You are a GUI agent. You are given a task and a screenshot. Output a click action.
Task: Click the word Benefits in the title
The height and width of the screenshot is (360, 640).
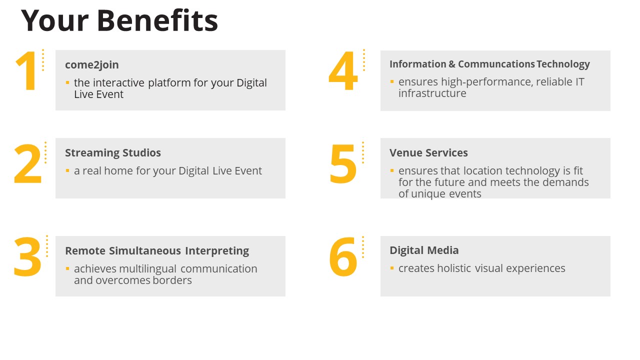tap(157, 20)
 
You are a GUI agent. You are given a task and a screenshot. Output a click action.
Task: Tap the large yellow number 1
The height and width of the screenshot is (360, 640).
tap(27, 71)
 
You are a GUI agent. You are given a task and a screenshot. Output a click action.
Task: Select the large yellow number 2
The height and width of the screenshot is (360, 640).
tap(27, 163)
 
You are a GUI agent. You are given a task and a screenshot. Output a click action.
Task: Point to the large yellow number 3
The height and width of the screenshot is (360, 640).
tap(27, 257)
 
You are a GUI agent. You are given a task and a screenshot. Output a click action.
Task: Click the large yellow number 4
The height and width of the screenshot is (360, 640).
tap(343, 71)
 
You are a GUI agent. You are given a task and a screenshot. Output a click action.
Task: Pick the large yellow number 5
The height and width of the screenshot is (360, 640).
tap(343, 163)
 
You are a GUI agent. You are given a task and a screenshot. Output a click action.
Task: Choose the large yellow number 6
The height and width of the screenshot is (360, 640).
tap(343, 257)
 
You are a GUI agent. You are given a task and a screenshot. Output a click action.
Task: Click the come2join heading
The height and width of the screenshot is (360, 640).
tap(91, 65)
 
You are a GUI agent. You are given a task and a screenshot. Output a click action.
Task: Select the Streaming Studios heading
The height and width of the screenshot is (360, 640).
tap(113, 153)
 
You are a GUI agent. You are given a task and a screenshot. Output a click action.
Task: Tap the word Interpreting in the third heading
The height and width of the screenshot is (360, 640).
tap(217, 251)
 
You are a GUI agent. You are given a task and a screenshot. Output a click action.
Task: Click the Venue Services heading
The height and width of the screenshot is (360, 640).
tap(428, 152)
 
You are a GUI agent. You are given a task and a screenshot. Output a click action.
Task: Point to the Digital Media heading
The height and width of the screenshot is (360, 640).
tap(424, 250)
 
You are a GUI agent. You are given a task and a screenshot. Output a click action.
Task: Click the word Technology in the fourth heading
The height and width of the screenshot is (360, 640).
tap(563, 64)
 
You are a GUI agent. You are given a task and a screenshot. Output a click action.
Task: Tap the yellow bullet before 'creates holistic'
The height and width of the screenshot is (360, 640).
tap(392, 268)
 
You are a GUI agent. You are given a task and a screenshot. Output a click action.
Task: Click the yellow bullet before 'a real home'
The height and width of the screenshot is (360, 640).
tap(67, 170)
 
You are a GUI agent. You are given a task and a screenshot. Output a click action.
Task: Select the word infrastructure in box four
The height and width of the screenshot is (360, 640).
tap(432, 93)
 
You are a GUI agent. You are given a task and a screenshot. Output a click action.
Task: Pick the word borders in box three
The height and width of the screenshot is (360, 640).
tap(172, 280)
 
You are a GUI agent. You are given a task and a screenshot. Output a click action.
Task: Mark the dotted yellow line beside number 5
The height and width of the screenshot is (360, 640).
tap(363, 153)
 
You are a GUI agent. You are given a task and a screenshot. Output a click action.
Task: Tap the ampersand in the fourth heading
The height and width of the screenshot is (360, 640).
tap(452, 64)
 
